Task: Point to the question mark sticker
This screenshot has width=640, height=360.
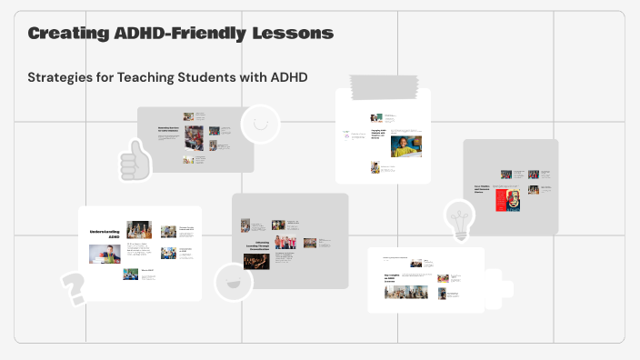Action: tap(73, 287)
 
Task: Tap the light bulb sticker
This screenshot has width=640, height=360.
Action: tap(459, 219)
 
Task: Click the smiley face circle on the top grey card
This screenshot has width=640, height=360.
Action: tap(260, 124)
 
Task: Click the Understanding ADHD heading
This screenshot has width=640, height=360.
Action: tap(105, 235)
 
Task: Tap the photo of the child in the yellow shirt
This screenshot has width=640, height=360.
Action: tap(407, 145)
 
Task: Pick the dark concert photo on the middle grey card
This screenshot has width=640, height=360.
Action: tap(256, 260)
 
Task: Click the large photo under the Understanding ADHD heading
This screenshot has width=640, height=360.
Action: tap(105, 254)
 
